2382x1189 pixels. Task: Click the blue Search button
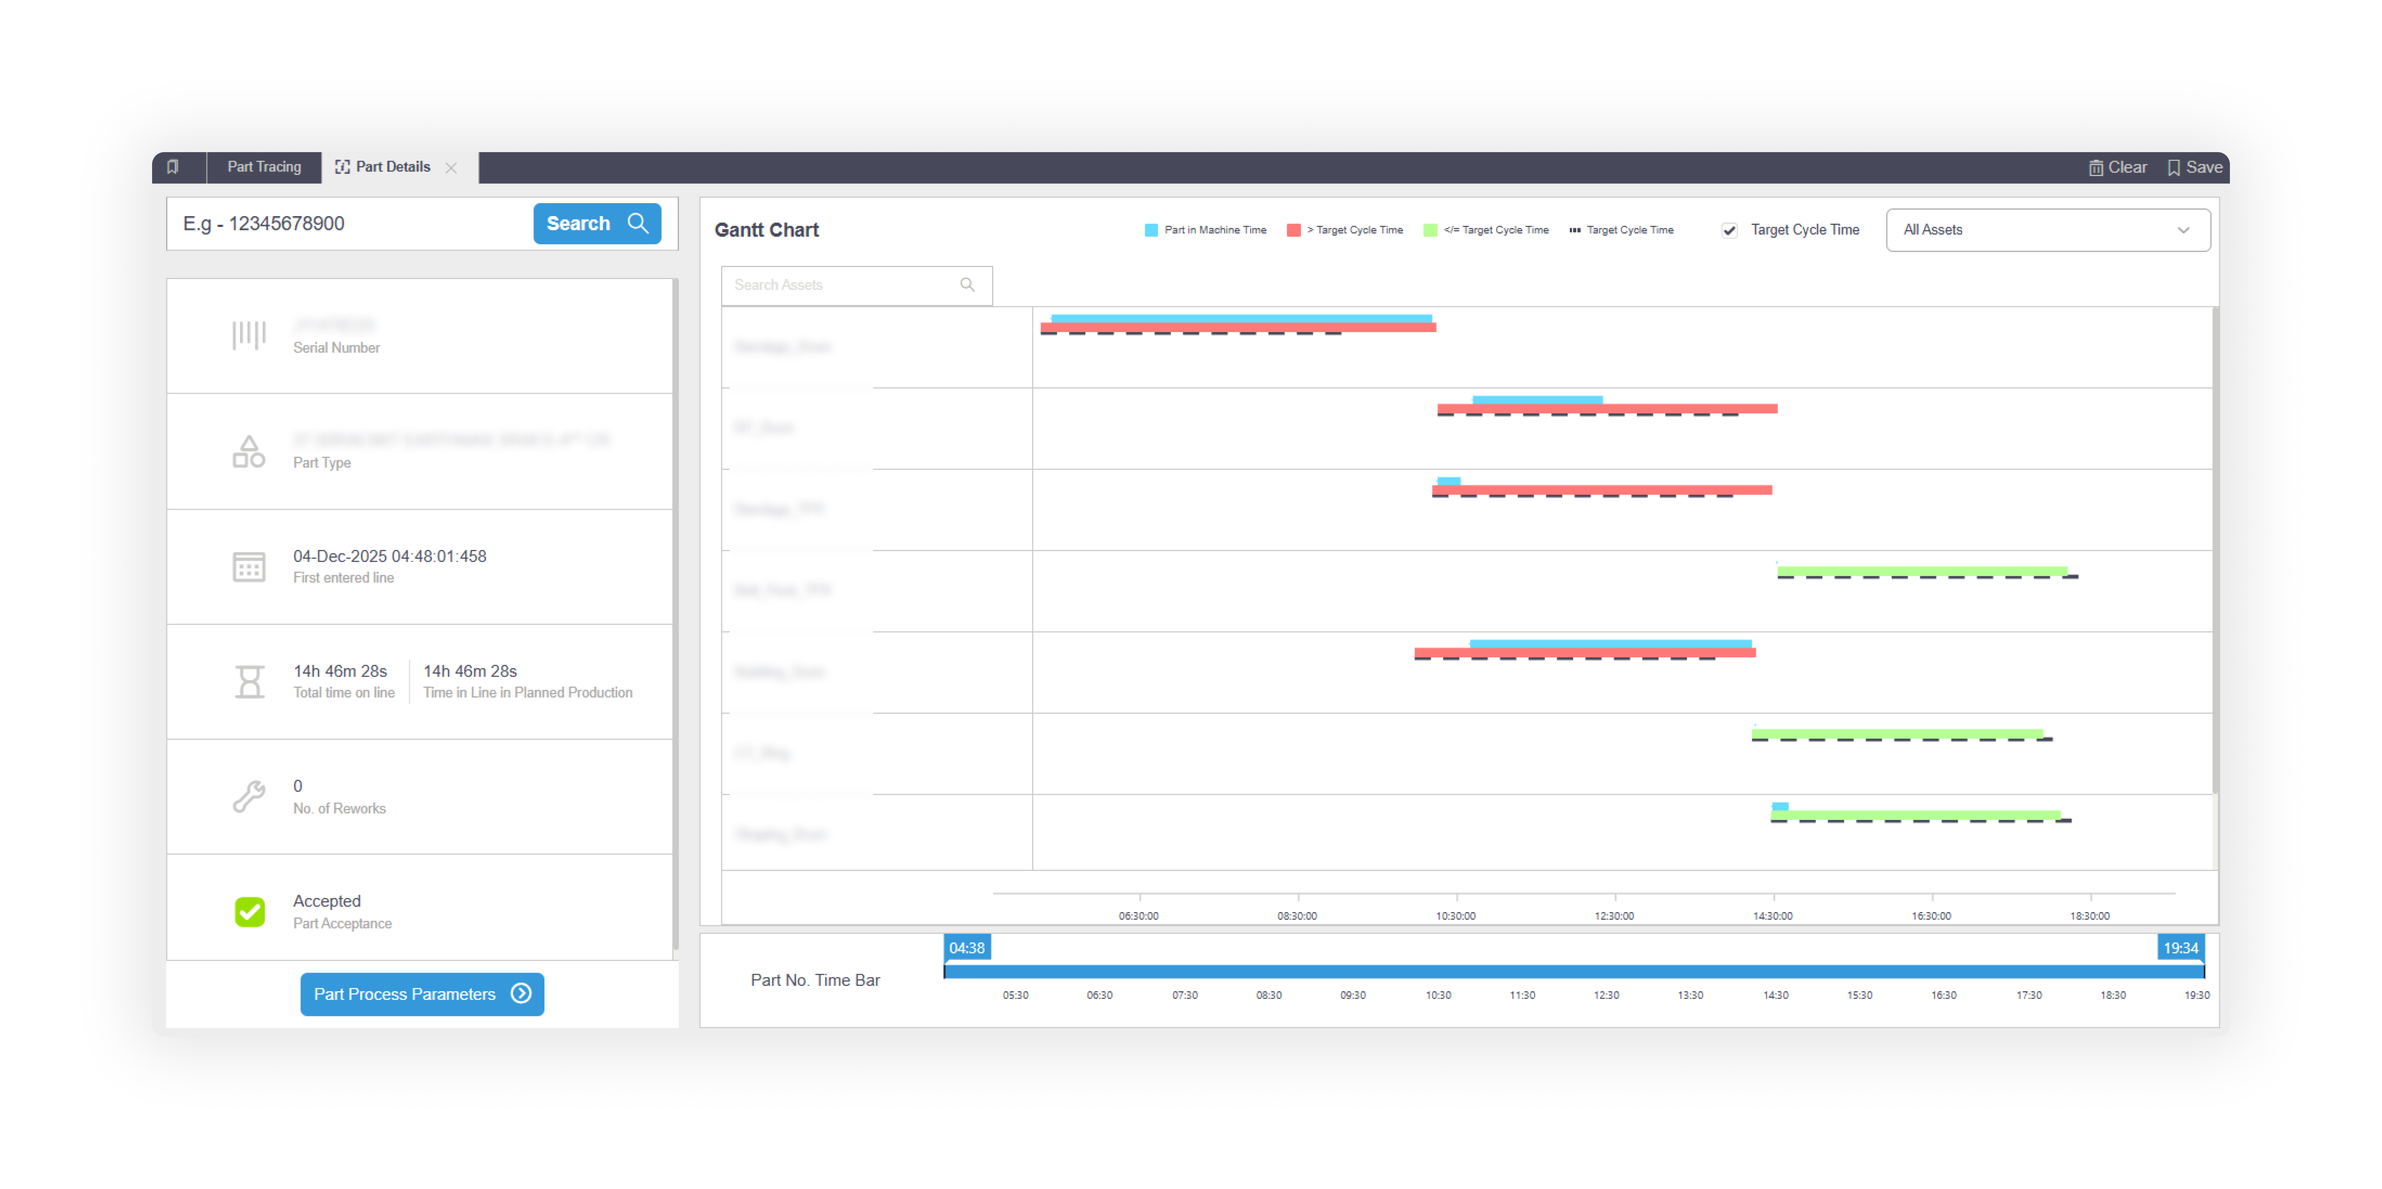(x=596, y=224)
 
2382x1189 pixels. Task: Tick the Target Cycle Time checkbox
(x=1728, y=230)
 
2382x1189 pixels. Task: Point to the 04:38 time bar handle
(x=966, y=948)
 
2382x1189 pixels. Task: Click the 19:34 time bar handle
(x=2179, y=948)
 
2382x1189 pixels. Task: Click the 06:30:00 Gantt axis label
(x=1138, y=915)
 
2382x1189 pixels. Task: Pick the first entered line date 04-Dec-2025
(x=389, y=556)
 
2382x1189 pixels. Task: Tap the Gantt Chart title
(x=767, y=230)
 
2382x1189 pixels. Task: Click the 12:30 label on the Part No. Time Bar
(x=1606, y=995)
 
